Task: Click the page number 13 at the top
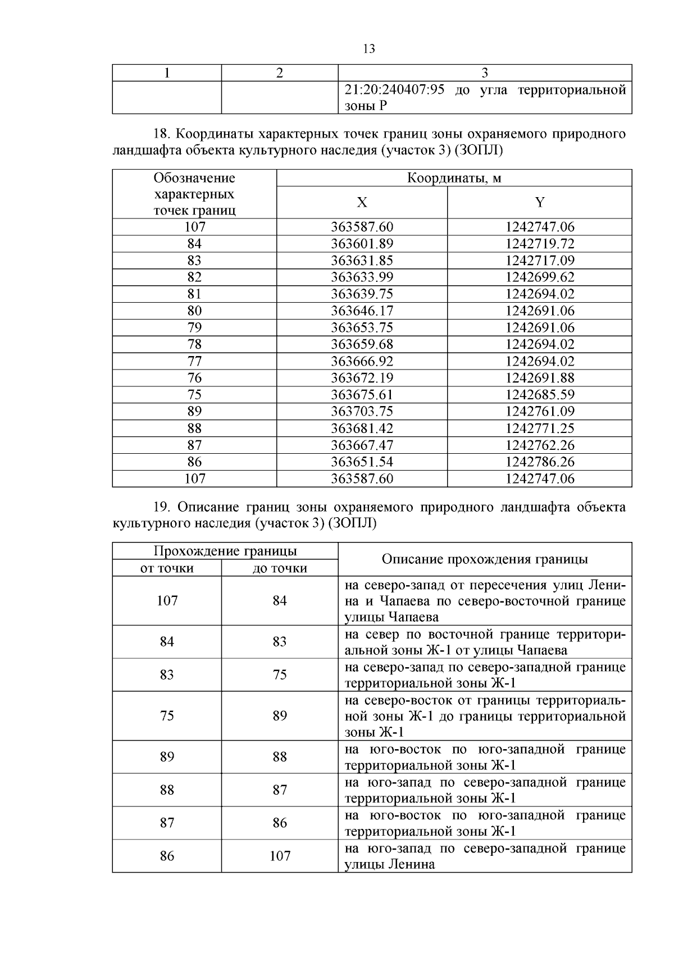tap(369, 49)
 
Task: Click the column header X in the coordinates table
tap(362, 203)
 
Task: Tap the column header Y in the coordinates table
tap(540, 203)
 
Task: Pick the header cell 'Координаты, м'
tap(454, 179)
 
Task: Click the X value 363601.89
tap(362, 244)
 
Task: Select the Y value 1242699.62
tap(540, 277)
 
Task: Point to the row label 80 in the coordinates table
tap(194, 311)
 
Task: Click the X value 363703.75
tap(362, 412)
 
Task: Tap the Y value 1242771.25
tap(540, 428)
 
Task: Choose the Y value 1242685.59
tap(540, 395)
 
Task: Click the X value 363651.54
tap(362, 462)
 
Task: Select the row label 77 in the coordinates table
tap(194, 361)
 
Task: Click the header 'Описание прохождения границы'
tap(485, 559)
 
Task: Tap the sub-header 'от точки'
tap(167, 568)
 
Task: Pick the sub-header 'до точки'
tap(280, 568)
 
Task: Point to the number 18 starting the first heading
tap(161, 135)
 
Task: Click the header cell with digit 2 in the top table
tap(280, 73)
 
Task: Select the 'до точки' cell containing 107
tap(280, 856)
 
